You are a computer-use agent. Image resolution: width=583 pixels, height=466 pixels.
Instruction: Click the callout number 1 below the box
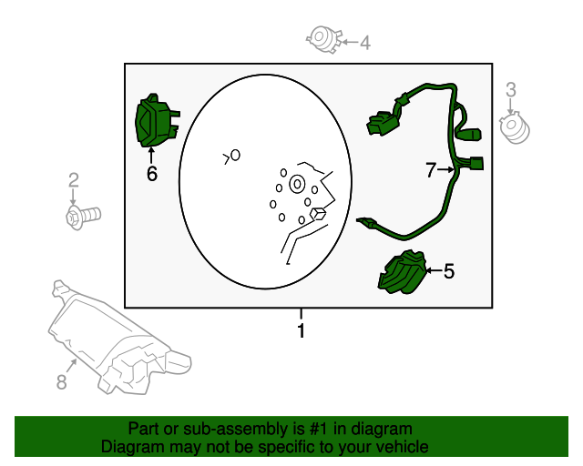[x=302, y=331]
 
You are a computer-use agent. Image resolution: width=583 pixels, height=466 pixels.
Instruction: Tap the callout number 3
[x=511, y=89]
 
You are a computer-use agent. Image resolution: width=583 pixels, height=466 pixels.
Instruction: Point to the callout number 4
[x=365, y=42]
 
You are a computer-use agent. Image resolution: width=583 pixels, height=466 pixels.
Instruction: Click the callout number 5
[x=448, y=270]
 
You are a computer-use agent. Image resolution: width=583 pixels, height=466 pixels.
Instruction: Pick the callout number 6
[x=151, y=172]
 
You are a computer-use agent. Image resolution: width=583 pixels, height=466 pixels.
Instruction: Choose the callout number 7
[x=431, y=169]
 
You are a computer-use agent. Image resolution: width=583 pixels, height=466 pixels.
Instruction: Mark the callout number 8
[x=62, y=382]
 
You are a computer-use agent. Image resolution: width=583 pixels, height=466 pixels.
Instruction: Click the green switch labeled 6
[x=153, y=122]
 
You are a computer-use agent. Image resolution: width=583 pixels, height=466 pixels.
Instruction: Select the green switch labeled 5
[x=404, y=272]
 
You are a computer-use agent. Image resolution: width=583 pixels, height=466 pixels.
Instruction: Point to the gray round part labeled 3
[x=516, y=127]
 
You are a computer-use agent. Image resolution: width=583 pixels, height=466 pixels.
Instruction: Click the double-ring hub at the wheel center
[x=297, y=185]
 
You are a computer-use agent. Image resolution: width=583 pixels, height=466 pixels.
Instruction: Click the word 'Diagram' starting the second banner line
[x=131, y=447]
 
